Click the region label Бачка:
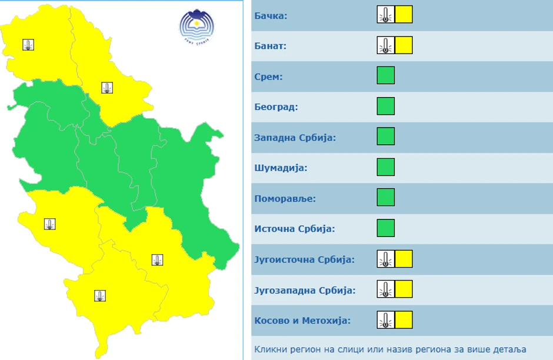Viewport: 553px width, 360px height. pyautogui.click(x=271, y=15)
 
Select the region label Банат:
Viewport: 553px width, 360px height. pyautogui.click(x=270, y=46)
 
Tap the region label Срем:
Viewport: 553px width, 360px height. pyautogui.click(x=268, y=76)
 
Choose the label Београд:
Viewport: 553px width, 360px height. pyautogui.click(x=276, y=107)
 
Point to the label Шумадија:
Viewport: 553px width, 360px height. pyautogui.click(x=281, y=168)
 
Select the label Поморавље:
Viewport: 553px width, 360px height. pyautogui.click(x=285, y=199)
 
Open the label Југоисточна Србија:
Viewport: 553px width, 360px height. pyautogui.click(x=304, y=259)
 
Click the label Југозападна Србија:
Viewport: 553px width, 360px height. pyautogui.click(x=305, y=291)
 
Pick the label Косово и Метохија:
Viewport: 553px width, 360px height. pyautogui.click(x=302, y=321)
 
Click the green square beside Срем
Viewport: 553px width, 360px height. pyautogui.click(x=385, y=76)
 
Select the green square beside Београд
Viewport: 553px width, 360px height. pyautogui.click(x=385, y=106)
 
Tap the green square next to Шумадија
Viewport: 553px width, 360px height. pyautogui.click(x=385, y=167)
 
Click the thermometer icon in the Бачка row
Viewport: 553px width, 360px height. pyautogui.click(x=385, y=15)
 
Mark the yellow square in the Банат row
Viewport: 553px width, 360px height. pyautogui.click(x=404, y=45)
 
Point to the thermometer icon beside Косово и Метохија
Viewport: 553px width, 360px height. pyautogui.click(x=385, y=320)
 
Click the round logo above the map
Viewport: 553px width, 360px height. pyautogui.click(x=196, y=26)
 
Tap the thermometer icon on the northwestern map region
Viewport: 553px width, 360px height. pyautogui.click(x=28, y=45)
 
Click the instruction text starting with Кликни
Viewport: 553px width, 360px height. pyautogui.click(x=389, y=349)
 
